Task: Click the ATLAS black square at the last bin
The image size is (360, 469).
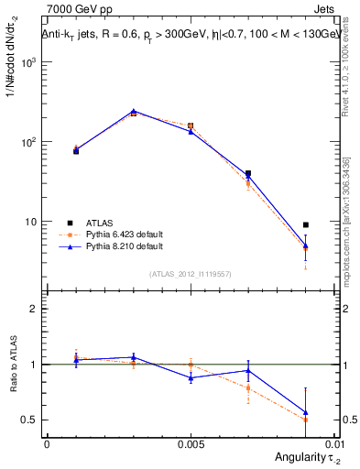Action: point(306,224)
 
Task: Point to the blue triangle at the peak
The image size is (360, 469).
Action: point(134,112)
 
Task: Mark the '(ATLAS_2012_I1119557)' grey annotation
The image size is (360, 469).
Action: point(191,274)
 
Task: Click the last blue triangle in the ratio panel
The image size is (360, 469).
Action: point(306,412)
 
